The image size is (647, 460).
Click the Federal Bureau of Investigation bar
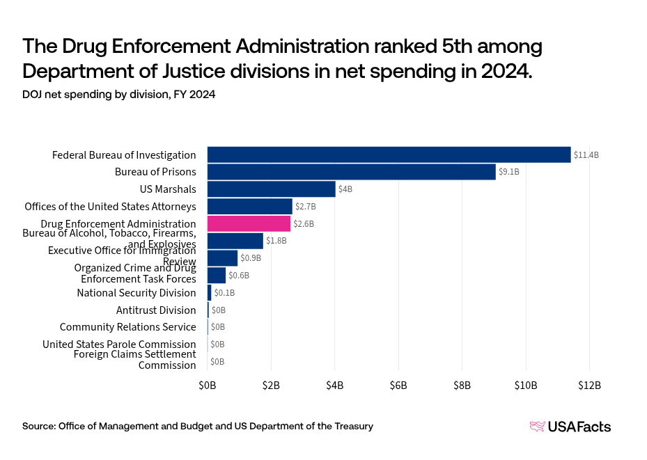click(389, 154)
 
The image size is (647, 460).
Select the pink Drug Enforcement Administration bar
click(249, 223)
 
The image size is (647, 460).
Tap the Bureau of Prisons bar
click(351, 171)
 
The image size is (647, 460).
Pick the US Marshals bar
click(271, 189)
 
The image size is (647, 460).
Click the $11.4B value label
click(586, 154)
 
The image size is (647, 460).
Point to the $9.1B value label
click(509, 171)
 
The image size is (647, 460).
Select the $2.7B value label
click(306, 206)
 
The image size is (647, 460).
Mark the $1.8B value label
click(276, 241)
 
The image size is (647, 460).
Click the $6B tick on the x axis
click(398, 385)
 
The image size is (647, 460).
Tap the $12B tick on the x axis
click(589, 385)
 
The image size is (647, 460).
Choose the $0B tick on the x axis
click(208, 385)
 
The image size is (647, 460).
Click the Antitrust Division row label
click(156, 310)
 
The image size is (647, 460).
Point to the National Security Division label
click(137, 292)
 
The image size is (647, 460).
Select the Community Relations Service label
click(127, 327)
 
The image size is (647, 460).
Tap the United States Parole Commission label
click(119, 344)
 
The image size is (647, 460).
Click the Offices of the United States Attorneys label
click(110, 206)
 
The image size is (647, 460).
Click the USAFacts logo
click(570, 427)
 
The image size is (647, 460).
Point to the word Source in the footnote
click(38, 426)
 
